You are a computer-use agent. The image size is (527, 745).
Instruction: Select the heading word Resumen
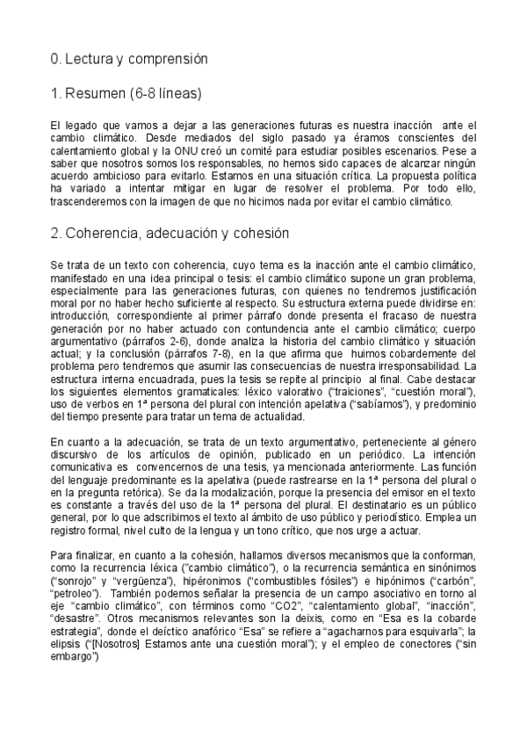coord(97,93)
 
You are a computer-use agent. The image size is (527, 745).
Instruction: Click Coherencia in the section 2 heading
coord(105,234)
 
